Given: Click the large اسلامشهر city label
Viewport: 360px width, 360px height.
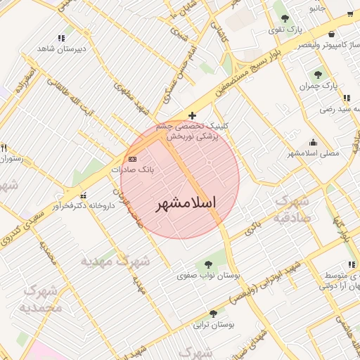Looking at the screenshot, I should coord(186,203).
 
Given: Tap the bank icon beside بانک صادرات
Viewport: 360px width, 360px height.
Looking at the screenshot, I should coord(133,160).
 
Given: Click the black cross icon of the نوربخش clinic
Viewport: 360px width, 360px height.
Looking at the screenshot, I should coord(192,115).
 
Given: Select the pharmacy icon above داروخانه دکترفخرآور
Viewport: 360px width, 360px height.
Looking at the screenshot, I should coord(84,195).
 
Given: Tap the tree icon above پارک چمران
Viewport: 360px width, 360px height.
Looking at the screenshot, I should coord(318,75).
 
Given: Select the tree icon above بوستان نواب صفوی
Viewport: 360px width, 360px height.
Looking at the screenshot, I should coord(207,264).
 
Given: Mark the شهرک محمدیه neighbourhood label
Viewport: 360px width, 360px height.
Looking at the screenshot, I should coord(43,298).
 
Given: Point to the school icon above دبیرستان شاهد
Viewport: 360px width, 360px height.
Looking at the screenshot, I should coord(62,38).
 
